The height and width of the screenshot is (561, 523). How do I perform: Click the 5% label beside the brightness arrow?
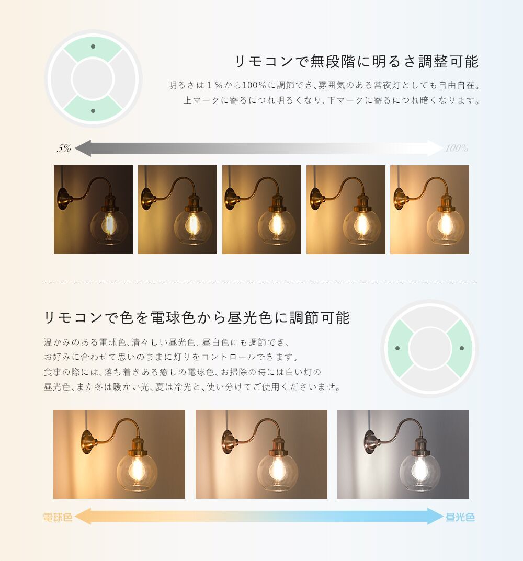click(64, 148)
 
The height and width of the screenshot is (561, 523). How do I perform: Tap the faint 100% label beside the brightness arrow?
click(457, 148)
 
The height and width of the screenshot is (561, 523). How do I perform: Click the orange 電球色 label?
click(58, 517)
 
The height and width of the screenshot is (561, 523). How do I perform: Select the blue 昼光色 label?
click(460, 517)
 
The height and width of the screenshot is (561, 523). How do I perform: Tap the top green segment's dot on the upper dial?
click(93, 47)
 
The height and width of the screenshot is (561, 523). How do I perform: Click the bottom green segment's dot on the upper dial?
click(93, 111)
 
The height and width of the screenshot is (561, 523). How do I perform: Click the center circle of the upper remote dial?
click(93, 79)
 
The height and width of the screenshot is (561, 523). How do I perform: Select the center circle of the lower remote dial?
click(429, 348)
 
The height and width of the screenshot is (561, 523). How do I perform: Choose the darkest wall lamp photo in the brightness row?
click(94, 210)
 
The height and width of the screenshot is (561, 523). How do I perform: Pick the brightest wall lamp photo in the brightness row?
click(429, 210)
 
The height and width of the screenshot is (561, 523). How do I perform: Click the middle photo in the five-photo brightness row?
click(261, 210)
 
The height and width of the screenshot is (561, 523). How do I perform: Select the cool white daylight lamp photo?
click(403, 454)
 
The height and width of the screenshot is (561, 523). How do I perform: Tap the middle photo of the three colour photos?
click(261, 454)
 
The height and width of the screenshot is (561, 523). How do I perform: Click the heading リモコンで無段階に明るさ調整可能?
click(357, 62)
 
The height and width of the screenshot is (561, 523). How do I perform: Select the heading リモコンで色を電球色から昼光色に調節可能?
click(197, 317)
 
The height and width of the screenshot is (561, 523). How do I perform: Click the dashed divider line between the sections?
click(260, 281)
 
